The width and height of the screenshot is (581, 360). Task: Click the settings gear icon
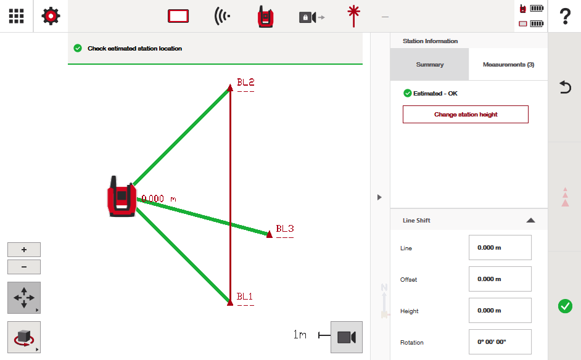point(51,16)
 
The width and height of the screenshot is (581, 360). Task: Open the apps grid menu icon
point(16,16)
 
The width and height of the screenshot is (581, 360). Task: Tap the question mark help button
point(565,16)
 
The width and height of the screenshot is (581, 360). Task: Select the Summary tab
point(429,65)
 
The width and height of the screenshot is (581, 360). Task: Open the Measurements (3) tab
point(508,65)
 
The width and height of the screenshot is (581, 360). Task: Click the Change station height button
point(466,115)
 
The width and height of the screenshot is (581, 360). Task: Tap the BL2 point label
point(245,82)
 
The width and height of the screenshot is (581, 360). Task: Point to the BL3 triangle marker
point(270,234)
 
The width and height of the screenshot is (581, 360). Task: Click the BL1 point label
point(245,297)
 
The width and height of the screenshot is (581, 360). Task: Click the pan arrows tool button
point(24,297)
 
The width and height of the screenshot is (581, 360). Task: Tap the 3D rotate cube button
point(24,337)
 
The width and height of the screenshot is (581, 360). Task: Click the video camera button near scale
point(347,337)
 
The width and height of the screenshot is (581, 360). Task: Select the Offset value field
point(500,279)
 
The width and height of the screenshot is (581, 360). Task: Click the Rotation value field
point(500,342)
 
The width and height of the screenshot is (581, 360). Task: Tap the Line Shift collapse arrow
point(530,220)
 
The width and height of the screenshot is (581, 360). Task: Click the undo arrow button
point(565,87)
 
